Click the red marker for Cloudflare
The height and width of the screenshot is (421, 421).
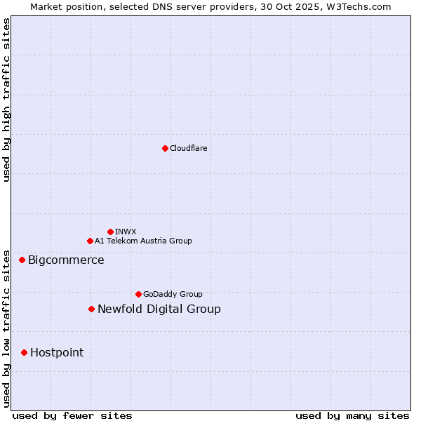coord(165,148)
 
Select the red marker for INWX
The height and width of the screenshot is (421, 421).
coord(110,232)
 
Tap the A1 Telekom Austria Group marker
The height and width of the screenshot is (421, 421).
coord(90,241)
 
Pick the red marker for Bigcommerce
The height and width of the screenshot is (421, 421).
coord(22,260)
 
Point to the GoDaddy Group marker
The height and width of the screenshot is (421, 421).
coord(138,294)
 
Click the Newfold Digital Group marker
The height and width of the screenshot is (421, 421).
coord(91,309)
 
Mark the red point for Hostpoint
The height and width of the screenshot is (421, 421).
coord(24,352)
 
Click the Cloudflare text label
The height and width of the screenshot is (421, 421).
coord(189,148)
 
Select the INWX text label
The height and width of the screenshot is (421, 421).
coord(126,232)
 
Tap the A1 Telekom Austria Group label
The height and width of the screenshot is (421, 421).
coord(143,241)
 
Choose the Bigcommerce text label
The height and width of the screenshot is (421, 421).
coord(66,260)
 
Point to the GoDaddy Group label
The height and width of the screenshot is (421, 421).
coord(173,294)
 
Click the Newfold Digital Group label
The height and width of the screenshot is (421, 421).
coord(159,309)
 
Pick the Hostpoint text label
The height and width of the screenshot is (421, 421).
coord(57,353)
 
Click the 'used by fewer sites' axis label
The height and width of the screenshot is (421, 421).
coord(72,416)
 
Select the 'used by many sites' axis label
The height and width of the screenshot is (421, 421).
coord(352,416)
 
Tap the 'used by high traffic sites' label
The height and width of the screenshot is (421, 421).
coord(7,100)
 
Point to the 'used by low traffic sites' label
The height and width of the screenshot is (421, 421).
coord(7,328)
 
